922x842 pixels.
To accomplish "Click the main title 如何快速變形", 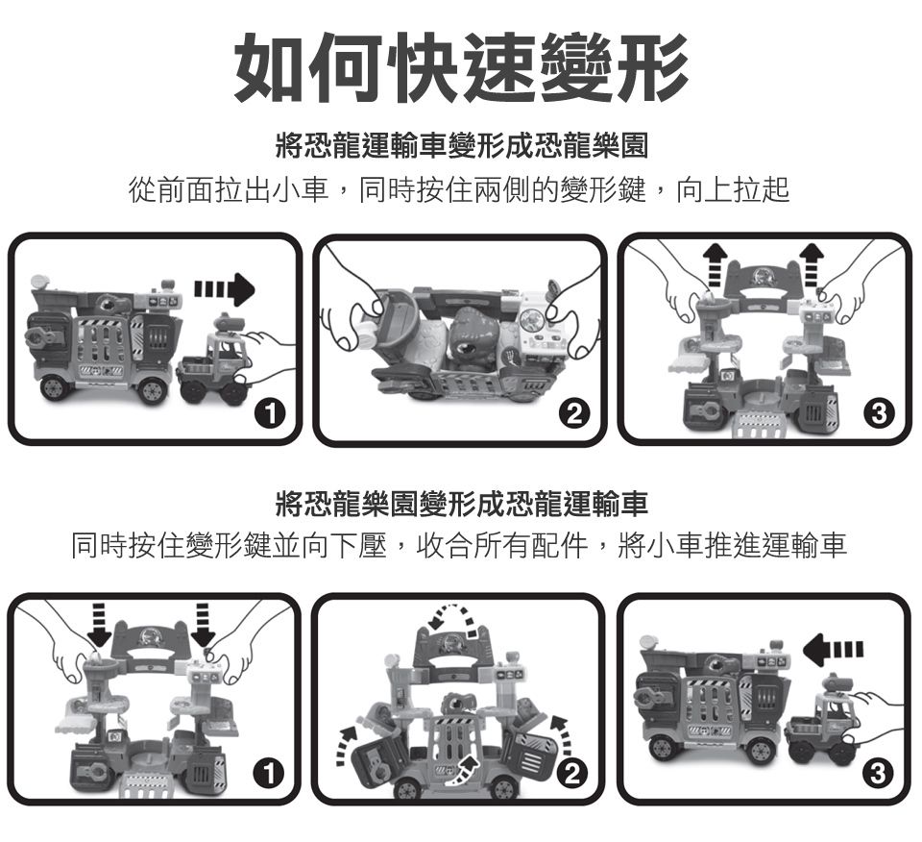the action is point(461,67).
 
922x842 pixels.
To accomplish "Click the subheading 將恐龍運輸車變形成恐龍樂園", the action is point(462,146).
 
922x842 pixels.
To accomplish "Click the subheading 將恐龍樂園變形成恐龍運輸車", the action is point(462,505).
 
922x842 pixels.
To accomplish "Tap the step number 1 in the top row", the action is point(270,413).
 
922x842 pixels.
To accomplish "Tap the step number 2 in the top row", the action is point(574,413).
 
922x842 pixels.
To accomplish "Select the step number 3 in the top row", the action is point(879,413).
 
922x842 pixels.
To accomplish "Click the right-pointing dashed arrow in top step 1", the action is point(224,289).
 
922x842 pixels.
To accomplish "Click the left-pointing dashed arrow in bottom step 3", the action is point(834,649).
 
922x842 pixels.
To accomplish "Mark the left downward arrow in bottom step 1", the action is point(99,625).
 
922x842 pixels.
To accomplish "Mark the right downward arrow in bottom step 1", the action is point(203,625).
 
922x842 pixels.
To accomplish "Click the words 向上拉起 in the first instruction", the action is point(732,189).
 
